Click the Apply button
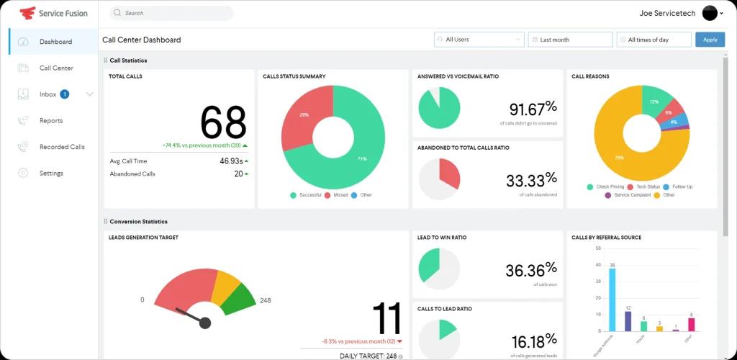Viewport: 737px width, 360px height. pyautogui.click(x=710, y=40)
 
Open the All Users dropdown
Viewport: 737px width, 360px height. pyautogui.click(x=479, y=40)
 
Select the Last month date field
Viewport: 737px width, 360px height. pyautogui.click(x=570, y=40)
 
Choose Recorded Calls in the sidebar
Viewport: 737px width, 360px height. pyautogui.click(x=62, y=147)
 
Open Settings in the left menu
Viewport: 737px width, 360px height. pyautogui.click(x=51, y=174)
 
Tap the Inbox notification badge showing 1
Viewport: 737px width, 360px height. pyautogui.click(x=65, y=94)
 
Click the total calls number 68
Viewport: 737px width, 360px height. pyautogui.click(x=223, y=122)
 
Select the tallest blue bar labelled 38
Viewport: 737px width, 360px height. pyautogui.click(x=612, y=300)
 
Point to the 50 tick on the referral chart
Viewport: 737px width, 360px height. pyautogui.click(x=597, y=248)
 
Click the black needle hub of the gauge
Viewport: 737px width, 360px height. pyautogui.click(x=205, y=323)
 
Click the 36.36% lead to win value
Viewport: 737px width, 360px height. pyautogui.click(x=531, y=270)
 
